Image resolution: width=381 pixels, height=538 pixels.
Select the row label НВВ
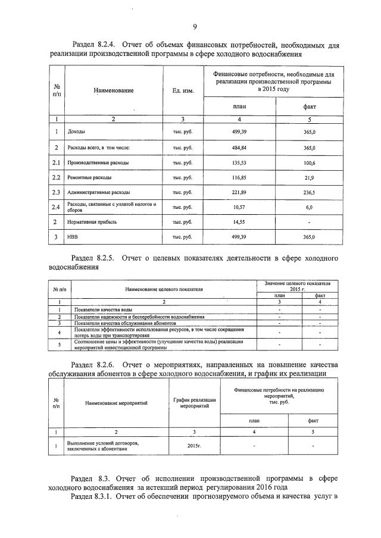pos(73,237)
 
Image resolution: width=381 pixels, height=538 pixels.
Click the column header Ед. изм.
pos(183,90)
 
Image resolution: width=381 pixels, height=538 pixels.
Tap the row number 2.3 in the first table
pos(56,192)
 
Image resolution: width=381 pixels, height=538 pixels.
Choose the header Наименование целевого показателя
pos(164,289)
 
